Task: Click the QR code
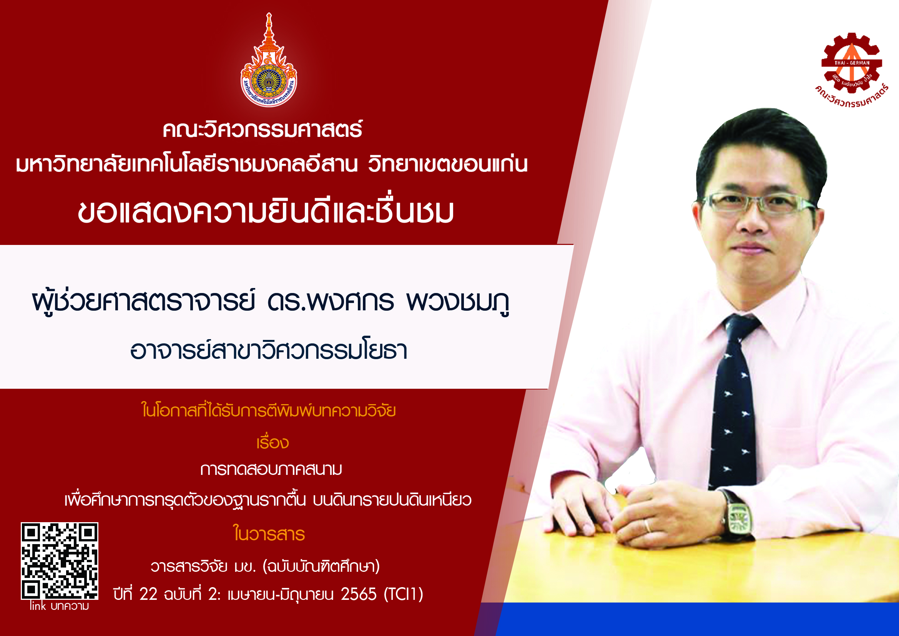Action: [x=60, y=561]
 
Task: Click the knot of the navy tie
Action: [x=741, y=327]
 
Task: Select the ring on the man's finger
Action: [x=648, y=526]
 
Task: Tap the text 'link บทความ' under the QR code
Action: [x=60, y=606]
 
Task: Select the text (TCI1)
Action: [x=403, y=594]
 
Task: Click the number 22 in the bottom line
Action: [x=148, y=594]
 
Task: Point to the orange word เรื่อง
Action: [x=273, y=442]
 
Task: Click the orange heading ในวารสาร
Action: [x=269, y=533]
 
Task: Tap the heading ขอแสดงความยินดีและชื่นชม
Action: [x=266, y=212]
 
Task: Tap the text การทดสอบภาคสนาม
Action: [x=271, y=469]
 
